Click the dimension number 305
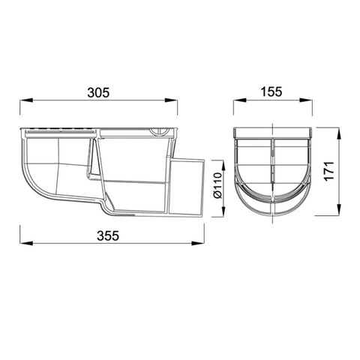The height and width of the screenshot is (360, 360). click(98, 92)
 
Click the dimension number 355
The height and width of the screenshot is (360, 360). click(108, 235)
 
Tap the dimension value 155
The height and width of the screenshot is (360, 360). click(271, 91)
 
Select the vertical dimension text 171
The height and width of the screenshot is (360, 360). click(329, 171)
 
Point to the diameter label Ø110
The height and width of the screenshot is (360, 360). click(217, 185)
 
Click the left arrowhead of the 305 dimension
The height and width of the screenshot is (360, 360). click(26, 100)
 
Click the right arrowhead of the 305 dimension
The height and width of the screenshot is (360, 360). click(171, 100)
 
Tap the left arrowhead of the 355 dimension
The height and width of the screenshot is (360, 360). click(26, 243)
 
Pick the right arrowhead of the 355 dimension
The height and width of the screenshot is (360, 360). click(198, 243)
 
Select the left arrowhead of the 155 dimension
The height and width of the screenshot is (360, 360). click(240, 100)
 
